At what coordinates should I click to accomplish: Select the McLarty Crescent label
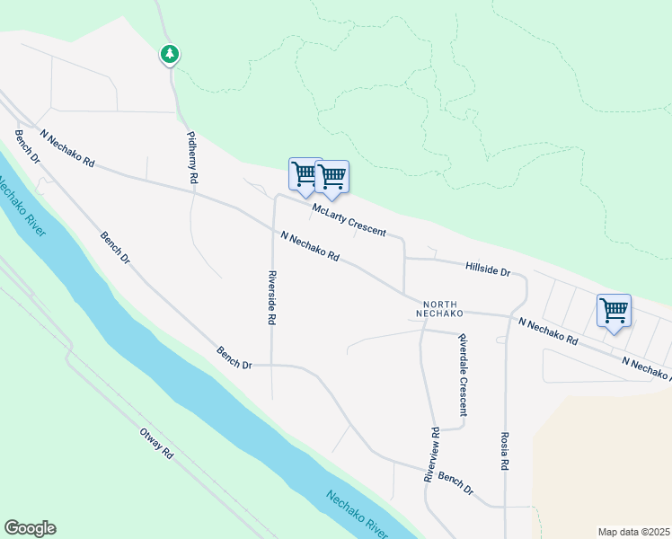[x=349, y=220]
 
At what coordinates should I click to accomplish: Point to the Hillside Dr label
[x=487, y=269]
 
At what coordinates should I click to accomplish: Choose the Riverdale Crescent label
[x=463, y=375]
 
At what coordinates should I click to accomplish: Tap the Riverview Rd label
[x=432, y=455]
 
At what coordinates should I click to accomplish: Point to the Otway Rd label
[x=155, y=444]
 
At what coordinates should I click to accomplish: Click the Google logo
[x=30, y=528]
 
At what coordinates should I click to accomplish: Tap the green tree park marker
[x=169, y=55]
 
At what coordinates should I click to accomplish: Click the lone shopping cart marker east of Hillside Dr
[x=614, y=312]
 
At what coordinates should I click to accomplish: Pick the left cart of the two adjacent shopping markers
[x=305, y=174]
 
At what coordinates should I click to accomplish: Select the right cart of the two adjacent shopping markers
[x=332, y=177]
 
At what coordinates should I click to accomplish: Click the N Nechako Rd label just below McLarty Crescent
[x=309, y=246]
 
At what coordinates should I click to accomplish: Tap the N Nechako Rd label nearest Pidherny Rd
[x=67, y=148]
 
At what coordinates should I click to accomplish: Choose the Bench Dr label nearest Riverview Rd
[x=456, y=483]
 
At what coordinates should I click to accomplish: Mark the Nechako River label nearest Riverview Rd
[x=357, y=516]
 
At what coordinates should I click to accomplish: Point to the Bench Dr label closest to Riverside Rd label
[x=234, y=358]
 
